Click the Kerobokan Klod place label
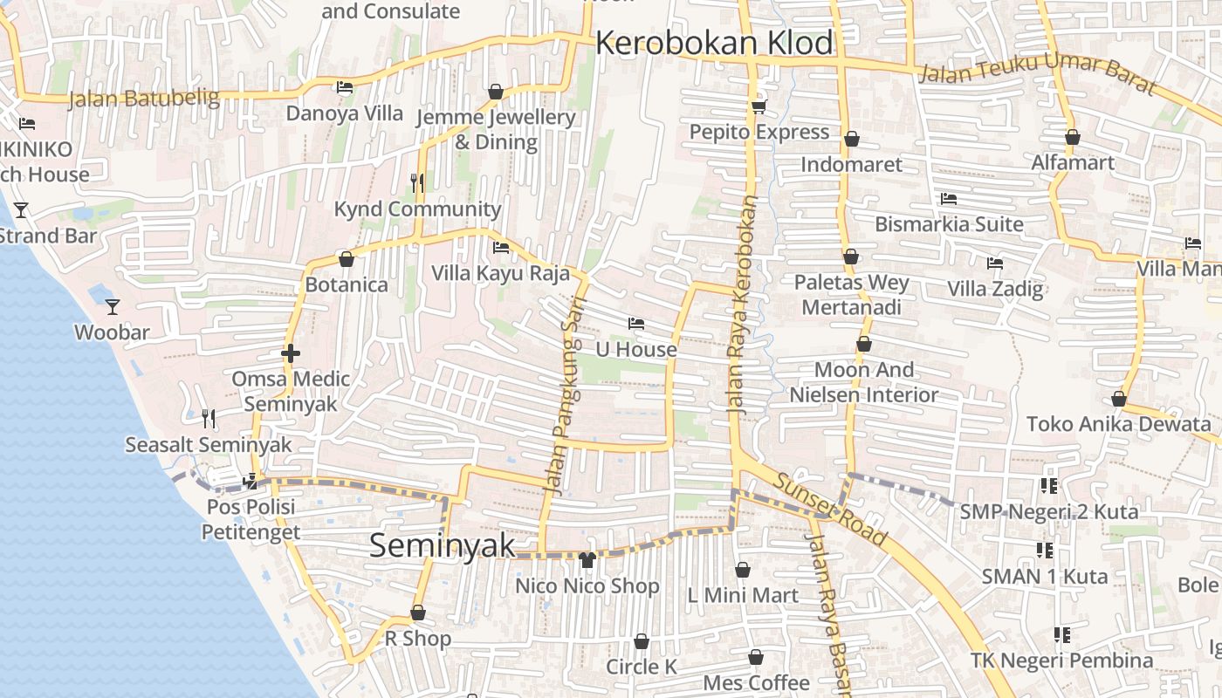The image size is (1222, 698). click(714, 43)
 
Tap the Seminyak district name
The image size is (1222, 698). click(443, 545)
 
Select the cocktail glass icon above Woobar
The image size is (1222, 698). click(113, 306)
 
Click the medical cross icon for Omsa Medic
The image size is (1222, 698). click(291, 353)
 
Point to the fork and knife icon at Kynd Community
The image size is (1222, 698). click(417, 182)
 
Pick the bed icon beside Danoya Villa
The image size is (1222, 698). click(345, 87)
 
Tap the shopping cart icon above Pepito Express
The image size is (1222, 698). click(759, 106)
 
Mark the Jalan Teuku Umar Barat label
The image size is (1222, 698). click(1039, 76)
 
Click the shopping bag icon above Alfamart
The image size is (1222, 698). click(1073, 137)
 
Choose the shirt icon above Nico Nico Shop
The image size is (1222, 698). click(587, 559)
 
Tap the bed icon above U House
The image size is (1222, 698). click(636, 324)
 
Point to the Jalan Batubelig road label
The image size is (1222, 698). click(144, 98)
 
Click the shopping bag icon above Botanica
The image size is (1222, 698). click(347, 259)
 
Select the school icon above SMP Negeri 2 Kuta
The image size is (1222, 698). click(1048, 485)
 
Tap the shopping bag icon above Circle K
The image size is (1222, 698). click(642, 641)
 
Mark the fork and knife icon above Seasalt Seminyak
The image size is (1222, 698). click(208, 419)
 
